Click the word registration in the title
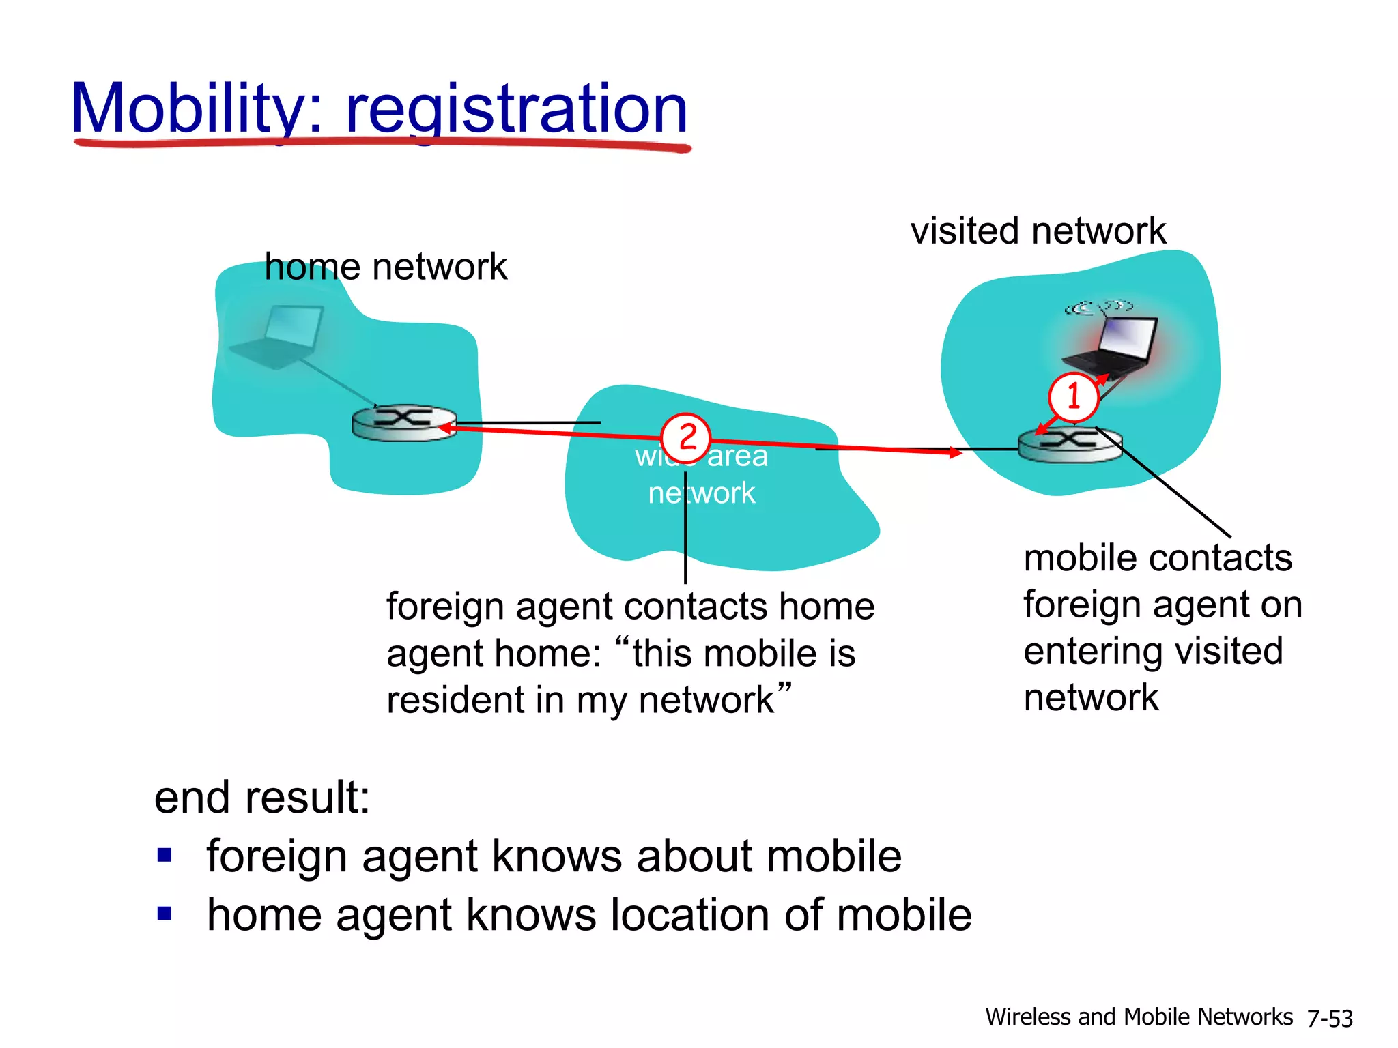[x=517, y=109]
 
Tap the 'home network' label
[x=386, y=267]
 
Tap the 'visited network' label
[x=1038, y=231]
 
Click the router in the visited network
[x=1070, y=444]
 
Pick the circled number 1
[x=1074, y=396]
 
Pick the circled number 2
[x=686, y=437]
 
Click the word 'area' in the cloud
[x=737, y=456]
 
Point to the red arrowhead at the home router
[x=446, y=428]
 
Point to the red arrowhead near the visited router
[x=955, y=452]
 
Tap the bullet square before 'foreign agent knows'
[x=165, y=855]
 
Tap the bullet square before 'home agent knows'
[x=165, y=914]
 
